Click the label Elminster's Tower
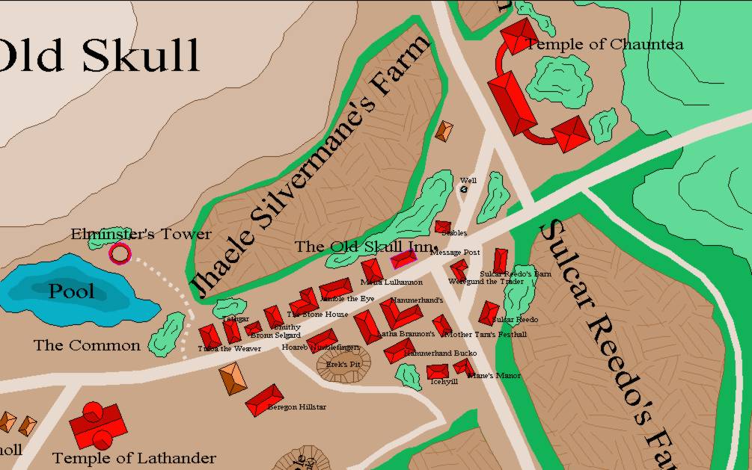(141, 234)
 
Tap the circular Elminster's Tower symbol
(120, 254)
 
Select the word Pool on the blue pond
(72, 291)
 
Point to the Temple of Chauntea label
(605, 44)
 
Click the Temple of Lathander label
(134, 458)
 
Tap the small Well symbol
(464, 190)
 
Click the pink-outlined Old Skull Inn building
(404, 259)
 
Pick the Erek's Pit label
(343, 364)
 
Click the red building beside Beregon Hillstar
(265, 400)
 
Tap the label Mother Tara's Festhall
(490, 334)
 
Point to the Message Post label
(455, 253)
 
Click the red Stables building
(443, 226)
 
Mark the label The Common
(87, 345)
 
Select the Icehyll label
(444, 381)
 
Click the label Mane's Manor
(494, 375)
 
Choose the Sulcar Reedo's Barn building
(500, 261)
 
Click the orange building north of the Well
(444, 131)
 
